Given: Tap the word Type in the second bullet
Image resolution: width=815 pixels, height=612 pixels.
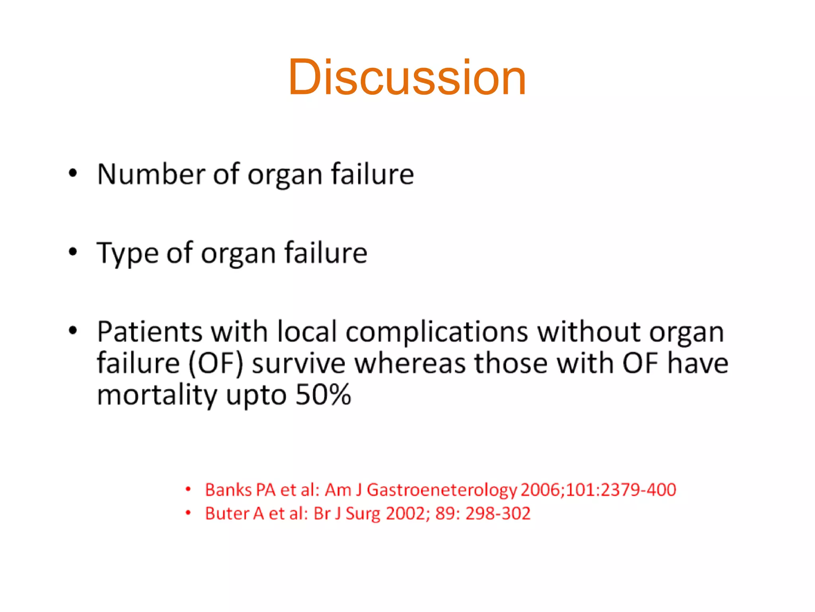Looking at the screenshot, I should [x=127, y=253].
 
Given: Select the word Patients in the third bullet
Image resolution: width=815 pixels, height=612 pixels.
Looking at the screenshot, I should [x=150, y=331].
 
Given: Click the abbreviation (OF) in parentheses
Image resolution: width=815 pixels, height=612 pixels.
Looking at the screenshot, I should [x=215, y=364].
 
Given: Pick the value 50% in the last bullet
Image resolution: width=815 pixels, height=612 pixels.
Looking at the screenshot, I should [x=323, y=395].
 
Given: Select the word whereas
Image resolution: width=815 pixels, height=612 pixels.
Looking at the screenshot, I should [x=410, y=364].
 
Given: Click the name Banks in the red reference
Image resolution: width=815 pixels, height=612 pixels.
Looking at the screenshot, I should [x=228, y=490].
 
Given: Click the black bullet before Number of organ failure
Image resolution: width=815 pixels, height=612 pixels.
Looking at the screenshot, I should [x=72, y=173].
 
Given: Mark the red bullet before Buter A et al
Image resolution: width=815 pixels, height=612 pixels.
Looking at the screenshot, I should [x=188, y=513].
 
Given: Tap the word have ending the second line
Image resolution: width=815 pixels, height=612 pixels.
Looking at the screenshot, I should [x=698, y=364].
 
